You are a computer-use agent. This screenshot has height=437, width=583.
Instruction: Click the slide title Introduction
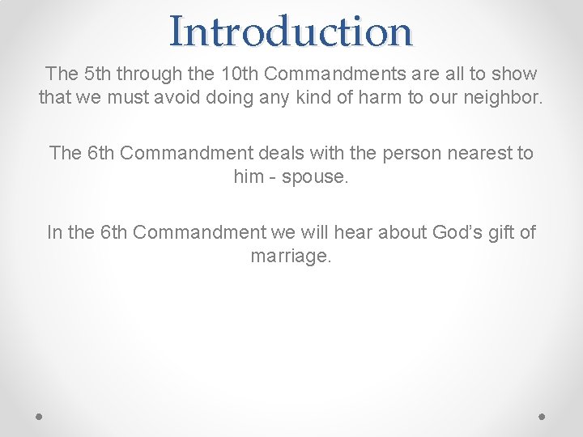click(291, 31)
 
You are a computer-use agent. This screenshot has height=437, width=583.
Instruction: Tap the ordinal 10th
click(239, 74)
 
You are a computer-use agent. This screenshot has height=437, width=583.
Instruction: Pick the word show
click(513, 74)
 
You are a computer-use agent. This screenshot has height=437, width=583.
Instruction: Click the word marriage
click(291, 257)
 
